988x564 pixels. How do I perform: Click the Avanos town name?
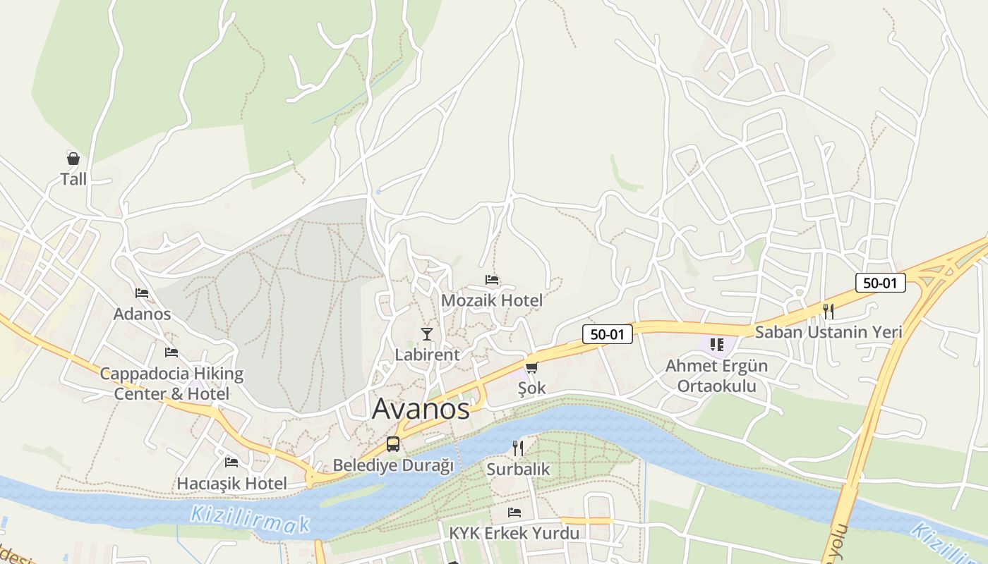[x=421, y=409]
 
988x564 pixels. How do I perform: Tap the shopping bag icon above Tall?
[x=73, y=158]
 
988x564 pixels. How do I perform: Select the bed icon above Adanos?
[x=142, y=293]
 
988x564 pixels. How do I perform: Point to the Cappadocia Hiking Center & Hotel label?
[x=171, y=384]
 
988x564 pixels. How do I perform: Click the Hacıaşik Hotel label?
[x=231, y=484]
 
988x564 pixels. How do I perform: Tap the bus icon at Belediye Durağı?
[x=393, y=444]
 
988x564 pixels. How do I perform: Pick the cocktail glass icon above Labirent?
[x=427, y=333]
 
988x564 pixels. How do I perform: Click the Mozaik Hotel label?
[x=492, y=300]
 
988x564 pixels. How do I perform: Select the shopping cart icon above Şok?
[x=531, y=367]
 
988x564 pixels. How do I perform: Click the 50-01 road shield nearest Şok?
[x=607, y=334]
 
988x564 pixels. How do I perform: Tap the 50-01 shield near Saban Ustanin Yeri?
[x=880, y=283]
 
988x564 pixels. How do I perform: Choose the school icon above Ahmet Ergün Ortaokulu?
[x=717, y=345]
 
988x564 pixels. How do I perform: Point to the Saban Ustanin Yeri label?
[x=829, y=331]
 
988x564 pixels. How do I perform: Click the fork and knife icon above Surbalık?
[x=518, y=448]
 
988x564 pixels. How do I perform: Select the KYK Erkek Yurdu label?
[x=514, y=533]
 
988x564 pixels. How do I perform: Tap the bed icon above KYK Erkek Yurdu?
[x=514, y=513]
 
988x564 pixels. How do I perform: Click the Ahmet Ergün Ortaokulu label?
[x=716, y=376]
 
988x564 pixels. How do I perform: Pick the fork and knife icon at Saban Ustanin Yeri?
[x=829, y=311]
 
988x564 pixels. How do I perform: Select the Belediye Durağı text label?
[x=393, y=465]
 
